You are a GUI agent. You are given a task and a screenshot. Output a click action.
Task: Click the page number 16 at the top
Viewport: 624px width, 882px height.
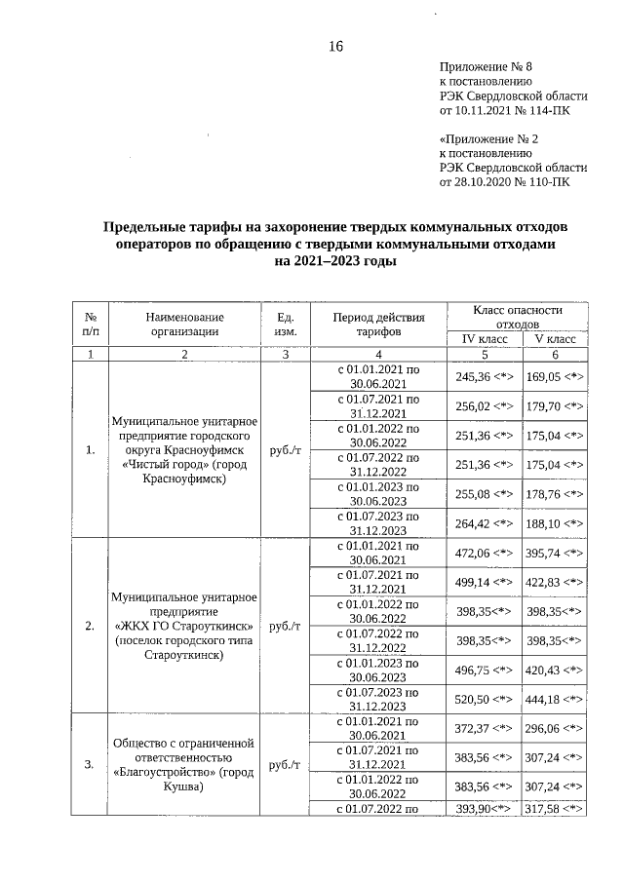(x=336, y=47)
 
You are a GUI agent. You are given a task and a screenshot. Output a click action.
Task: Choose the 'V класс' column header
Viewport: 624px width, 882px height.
(x=556, y=338)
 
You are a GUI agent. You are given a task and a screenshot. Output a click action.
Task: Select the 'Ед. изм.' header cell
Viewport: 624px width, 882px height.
(x=286, y=324)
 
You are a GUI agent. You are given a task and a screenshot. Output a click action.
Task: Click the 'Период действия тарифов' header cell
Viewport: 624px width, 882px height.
(x=378, y=324)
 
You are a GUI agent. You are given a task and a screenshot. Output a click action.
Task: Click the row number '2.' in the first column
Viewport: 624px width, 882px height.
(x=90, y=625)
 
